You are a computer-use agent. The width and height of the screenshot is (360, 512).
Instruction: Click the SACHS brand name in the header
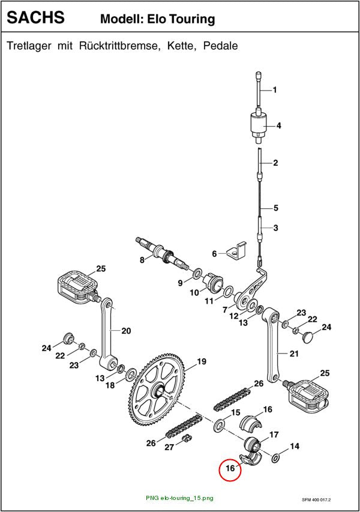click(x=35, y=17)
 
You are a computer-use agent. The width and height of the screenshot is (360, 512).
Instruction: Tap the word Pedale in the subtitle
click(x=220, y=46)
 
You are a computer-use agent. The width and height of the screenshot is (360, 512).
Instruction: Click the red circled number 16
click(x=230, y=468)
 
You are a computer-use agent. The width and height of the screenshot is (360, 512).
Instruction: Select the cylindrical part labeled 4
click(x=259, y=125)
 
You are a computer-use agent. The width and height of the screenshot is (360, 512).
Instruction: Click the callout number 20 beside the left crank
click(x=126, y=331)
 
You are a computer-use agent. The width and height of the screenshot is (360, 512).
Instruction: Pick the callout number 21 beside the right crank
click(x=294, y=354)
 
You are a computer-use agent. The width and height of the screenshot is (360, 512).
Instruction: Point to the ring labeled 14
click(x=275, y=459)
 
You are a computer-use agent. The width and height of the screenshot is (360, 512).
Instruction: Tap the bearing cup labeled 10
click(x=214, y=283)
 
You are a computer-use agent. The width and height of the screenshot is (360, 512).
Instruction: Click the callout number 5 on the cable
click(x=276, y=208)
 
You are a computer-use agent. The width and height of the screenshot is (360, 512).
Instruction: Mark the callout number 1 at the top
click(x=275, y=89)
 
